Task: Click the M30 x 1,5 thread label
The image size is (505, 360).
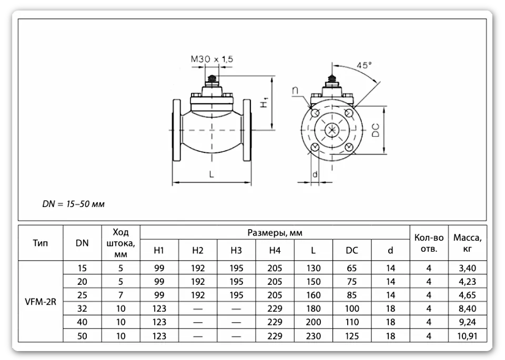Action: click(x=211, y=59)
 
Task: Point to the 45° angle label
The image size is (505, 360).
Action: click(x=364, y=65)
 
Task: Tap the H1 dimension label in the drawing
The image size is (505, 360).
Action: click(x=265, y=102)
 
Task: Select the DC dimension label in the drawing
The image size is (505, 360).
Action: click(x=376, y=130)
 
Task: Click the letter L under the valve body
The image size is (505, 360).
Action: click(x=211, y=174)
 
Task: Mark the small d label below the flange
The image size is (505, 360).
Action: click(x=315, y=174)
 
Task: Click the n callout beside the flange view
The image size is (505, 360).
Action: click(x=295, y=91)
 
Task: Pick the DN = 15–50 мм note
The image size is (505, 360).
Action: click(x=74, y=204)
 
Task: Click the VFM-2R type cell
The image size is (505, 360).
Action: click(x=41, y=302)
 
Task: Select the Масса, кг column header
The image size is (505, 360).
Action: click(x=467, y=243)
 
